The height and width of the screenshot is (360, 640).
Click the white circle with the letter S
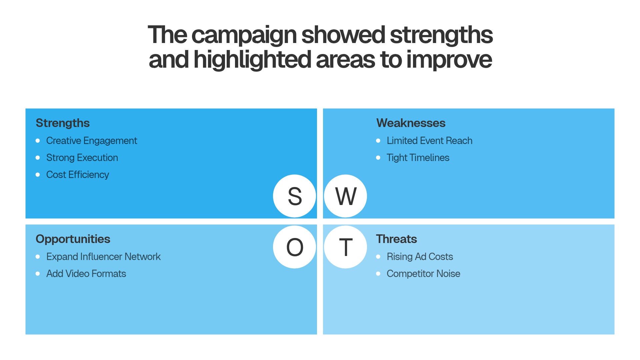pyautogui.click(x=295, y=196)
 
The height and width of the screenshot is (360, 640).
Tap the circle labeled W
pyautogui.click(x=346, y=196)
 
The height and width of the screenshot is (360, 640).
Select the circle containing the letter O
pyautogui.click(x=295, y=247)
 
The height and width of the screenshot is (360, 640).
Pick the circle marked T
pyautogui.click(x=346, y=247)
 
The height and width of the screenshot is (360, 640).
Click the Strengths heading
pyautogui.click(x=63, y=123)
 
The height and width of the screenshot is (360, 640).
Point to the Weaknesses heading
pyautogui.click(x=411, y=123)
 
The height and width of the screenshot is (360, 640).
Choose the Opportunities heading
pyautogui.click(x=73, y=239)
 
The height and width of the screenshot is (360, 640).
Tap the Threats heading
pyautogui.click(x=396, y=239)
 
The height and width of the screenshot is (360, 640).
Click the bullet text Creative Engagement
pyautogui.click(x=92, y=141)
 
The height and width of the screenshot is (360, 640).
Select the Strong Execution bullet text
pyautogui.click(x=82, y=158)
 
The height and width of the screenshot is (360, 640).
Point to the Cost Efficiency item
pyautogui.click(x=78, y=175)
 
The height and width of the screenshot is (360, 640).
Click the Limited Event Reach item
pyautogui.click(x=429, y=141)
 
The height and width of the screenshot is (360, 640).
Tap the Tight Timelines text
pyautogui.click(x=418, y=158)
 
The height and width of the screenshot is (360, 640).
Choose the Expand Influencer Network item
pyautogui.click(x=103, y=257)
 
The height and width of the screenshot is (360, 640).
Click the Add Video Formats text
pyautogui.click(x=86, y=274)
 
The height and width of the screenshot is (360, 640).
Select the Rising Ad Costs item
pyautogui.click(x=420, y=257)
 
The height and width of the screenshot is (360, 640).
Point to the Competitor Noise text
pyautogui.click(x=423, y=274)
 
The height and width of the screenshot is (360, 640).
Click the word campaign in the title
pyautogui.click(x=244, y=35)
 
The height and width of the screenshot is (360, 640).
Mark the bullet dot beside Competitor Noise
pyautogui.click(x=378, y=274)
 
